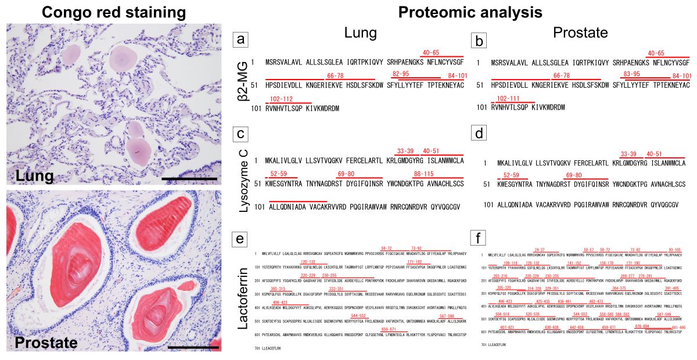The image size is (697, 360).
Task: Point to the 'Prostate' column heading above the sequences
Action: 580,33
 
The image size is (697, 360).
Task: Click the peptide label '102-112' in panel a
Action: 282,99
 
